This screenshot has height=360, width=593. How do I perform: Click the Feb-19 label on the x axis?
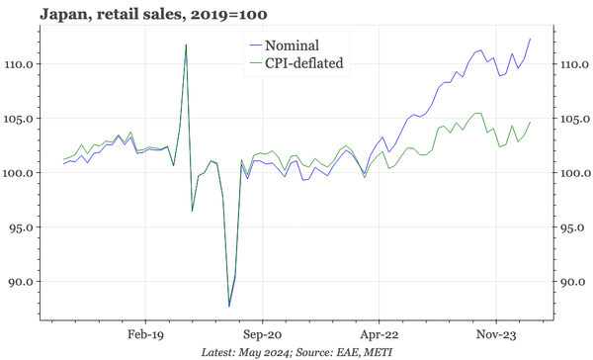[x=144, y=334]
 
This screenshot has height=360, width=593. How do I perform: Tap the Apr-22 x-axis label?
[x=380, y=334]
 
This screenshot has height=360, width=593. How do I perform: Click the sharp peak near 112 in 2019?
[x=186, y=45]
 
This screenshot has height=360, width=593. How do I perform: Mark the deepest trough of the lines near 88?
[x=229, y=306]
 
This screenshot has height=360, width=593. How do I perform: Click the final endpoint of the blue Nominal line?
[x=531, y=39]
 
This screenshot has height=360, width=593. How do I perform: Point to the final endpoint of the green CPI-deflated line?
[x=531, y=123]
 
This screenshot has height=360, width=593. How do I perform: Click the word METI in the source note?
[x=366, y=352]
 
